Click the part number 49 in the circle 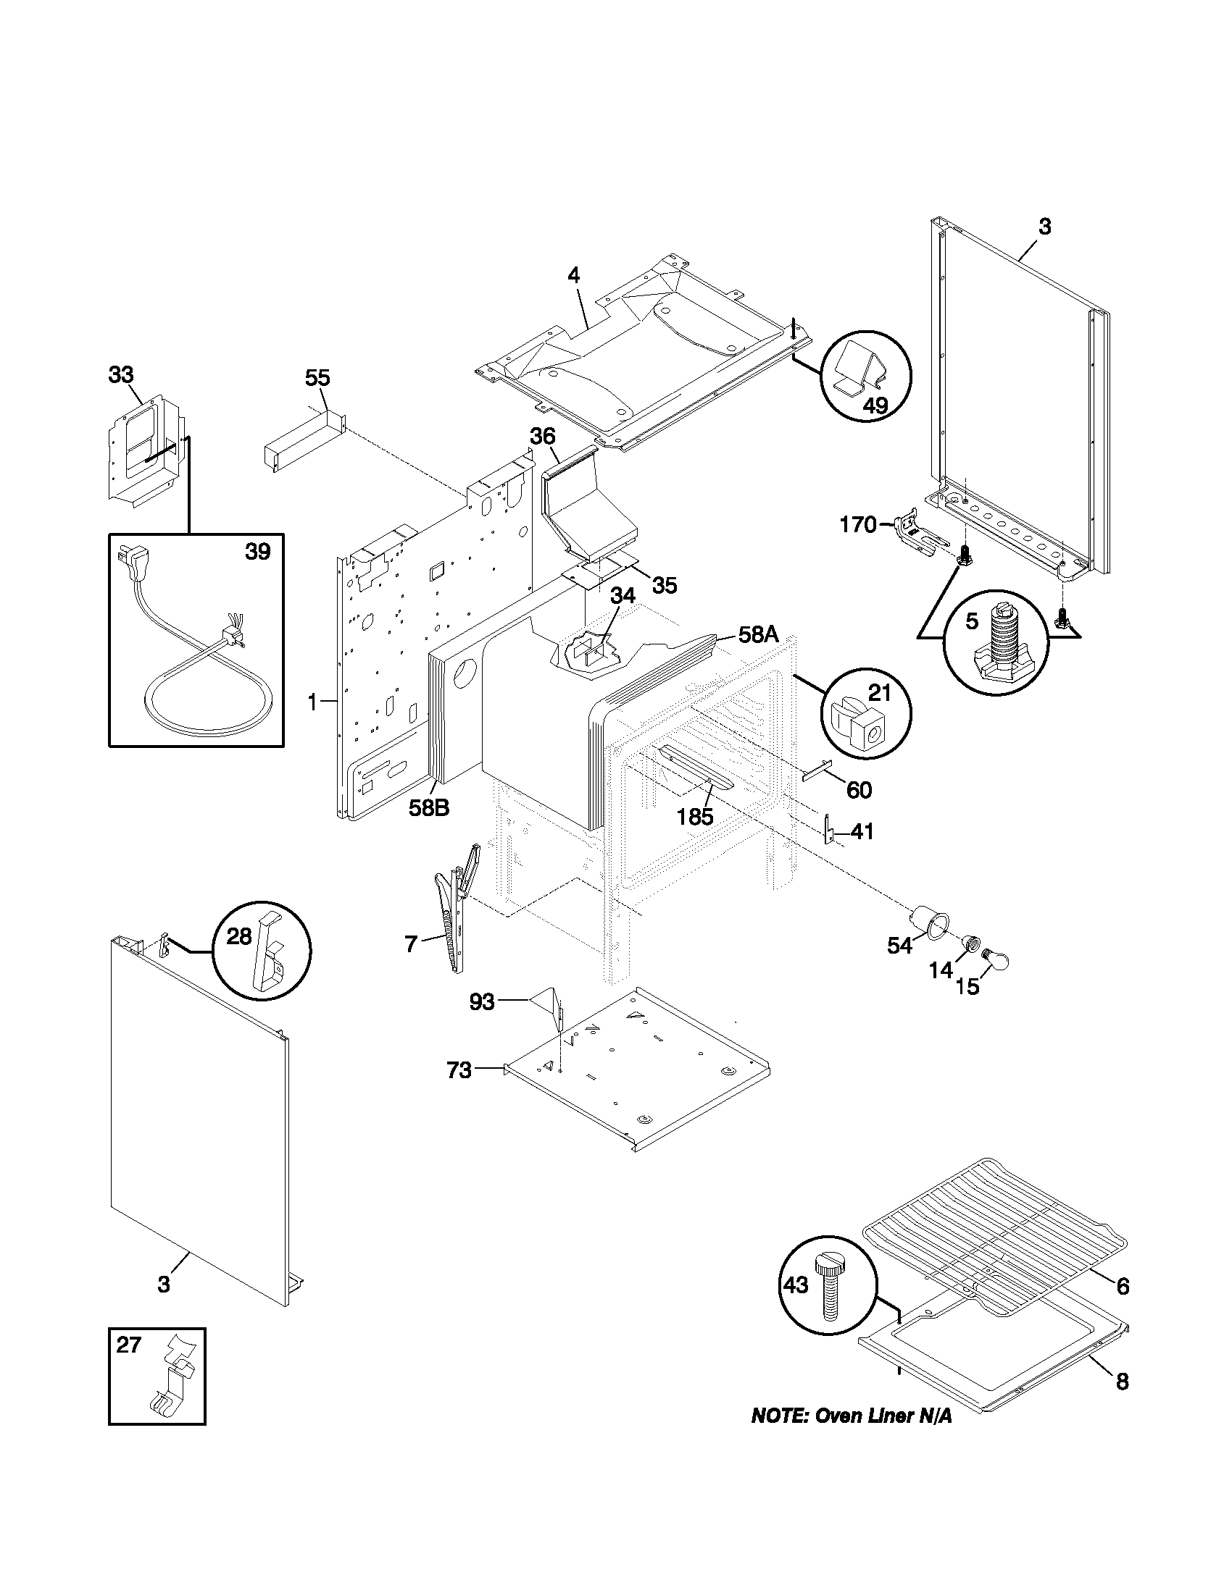(875, 405)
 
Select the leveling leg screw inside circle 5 (995, 642)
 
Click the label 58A (758, 634)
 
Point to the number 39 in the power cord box (258, 552)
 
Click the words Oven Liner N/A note (852, 1416)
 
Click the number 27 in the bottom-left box (128, 1345)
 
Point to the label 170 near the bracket (857, 524)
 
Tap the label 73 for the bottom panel (459, 1071)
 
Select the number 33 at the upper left (121, 375)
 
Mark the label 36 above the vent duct (542, 436)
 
